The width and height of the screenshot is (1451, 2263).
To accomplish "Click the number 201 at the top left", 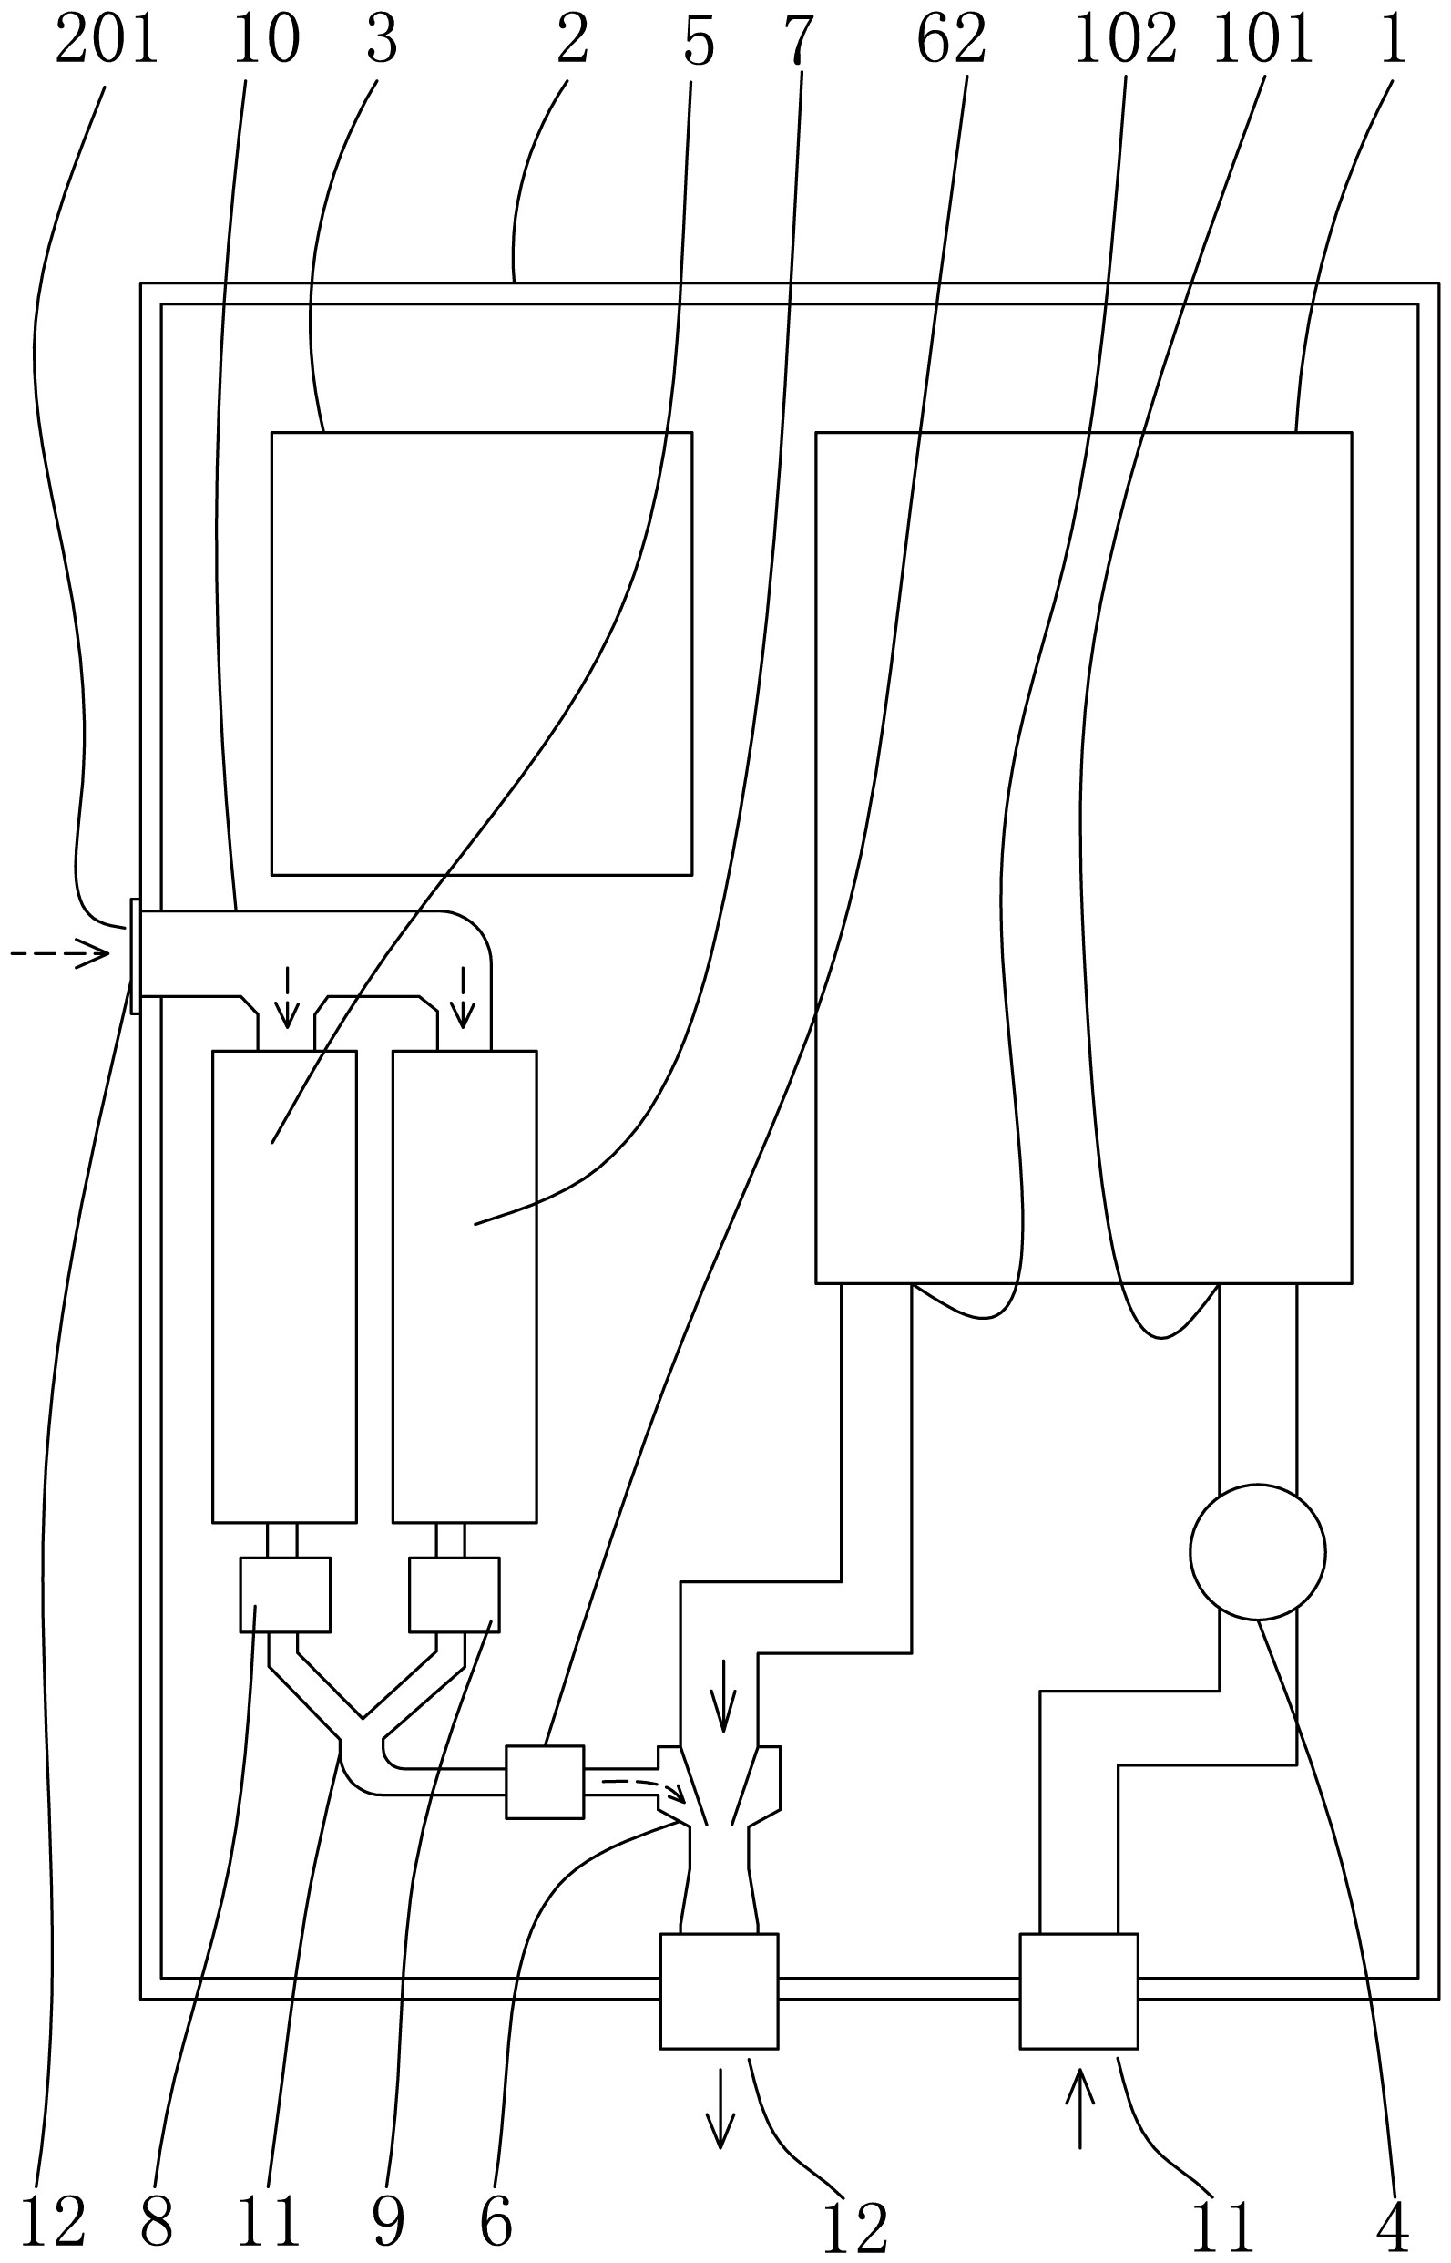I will [107, 40].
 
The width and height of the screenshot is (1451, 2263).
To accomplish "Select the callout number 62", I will [951, 40].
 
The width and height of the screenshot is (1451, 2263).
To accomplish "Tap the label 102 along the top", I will [1125, 40].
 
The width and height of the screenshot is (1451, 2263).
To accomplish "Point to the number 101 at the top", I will [1262, 40].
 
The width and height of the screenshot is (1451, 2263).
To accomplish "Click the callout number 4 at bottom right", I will [1393, 2227].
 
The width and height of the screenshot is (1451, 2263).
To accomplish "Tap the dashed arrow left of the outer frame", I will [60, 954].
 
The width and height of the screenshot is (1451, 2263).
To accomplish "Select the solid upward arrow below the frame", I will [1079, 2122].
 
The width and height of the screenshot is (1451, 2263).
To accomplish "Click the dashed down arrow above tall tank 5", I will [286, 997].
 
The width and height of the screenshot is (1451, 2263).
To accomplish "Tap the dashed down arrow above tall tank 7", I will [462, 997].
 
